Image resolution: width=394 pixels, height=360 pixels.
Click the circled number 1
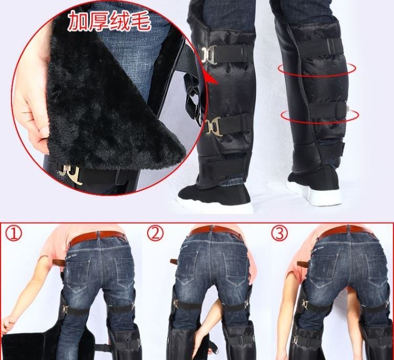(x=14, y=234)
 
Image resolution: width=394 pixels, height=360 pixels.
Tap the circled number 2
(x=155, y=233)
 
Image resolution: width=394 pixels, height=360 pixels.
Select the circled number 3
(x=279, y=232)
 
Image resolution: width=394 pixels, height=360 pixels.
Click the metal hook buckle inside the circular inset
(x=70, y=174)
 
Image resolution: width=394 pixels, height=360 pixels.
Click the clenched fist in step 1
(x=7, y=324)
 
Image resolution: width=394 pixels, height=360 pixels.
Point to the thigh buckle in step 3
(x=306, y=305)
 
